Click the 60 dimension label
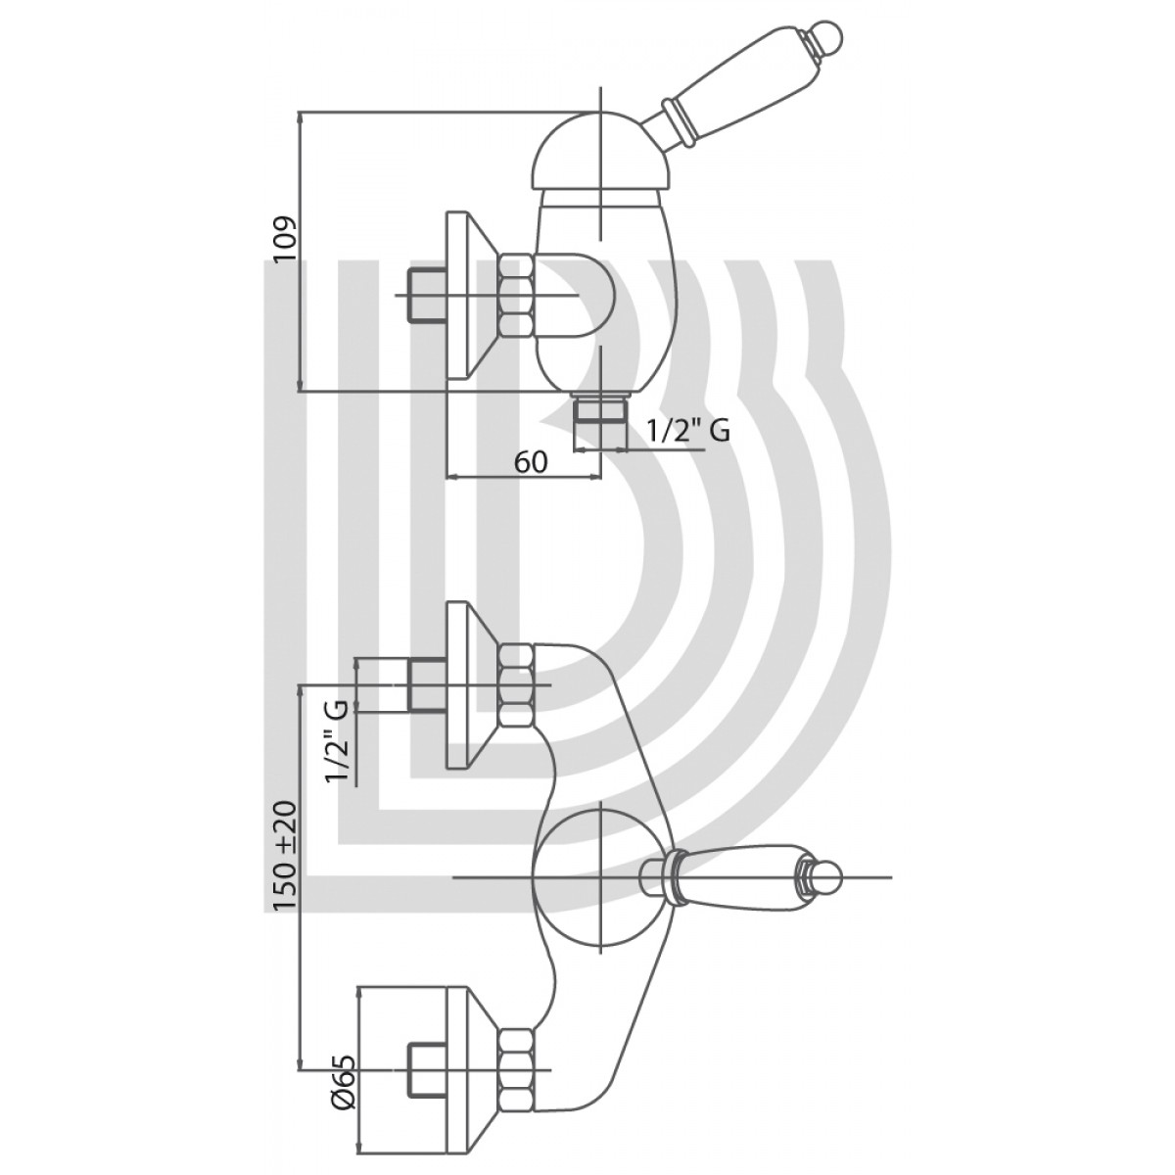coord(530,461)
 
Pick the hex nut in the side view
coord(517,294)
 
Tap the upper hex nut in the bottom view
coord(517,685)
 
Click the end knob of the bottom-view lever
coord(827,874)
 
